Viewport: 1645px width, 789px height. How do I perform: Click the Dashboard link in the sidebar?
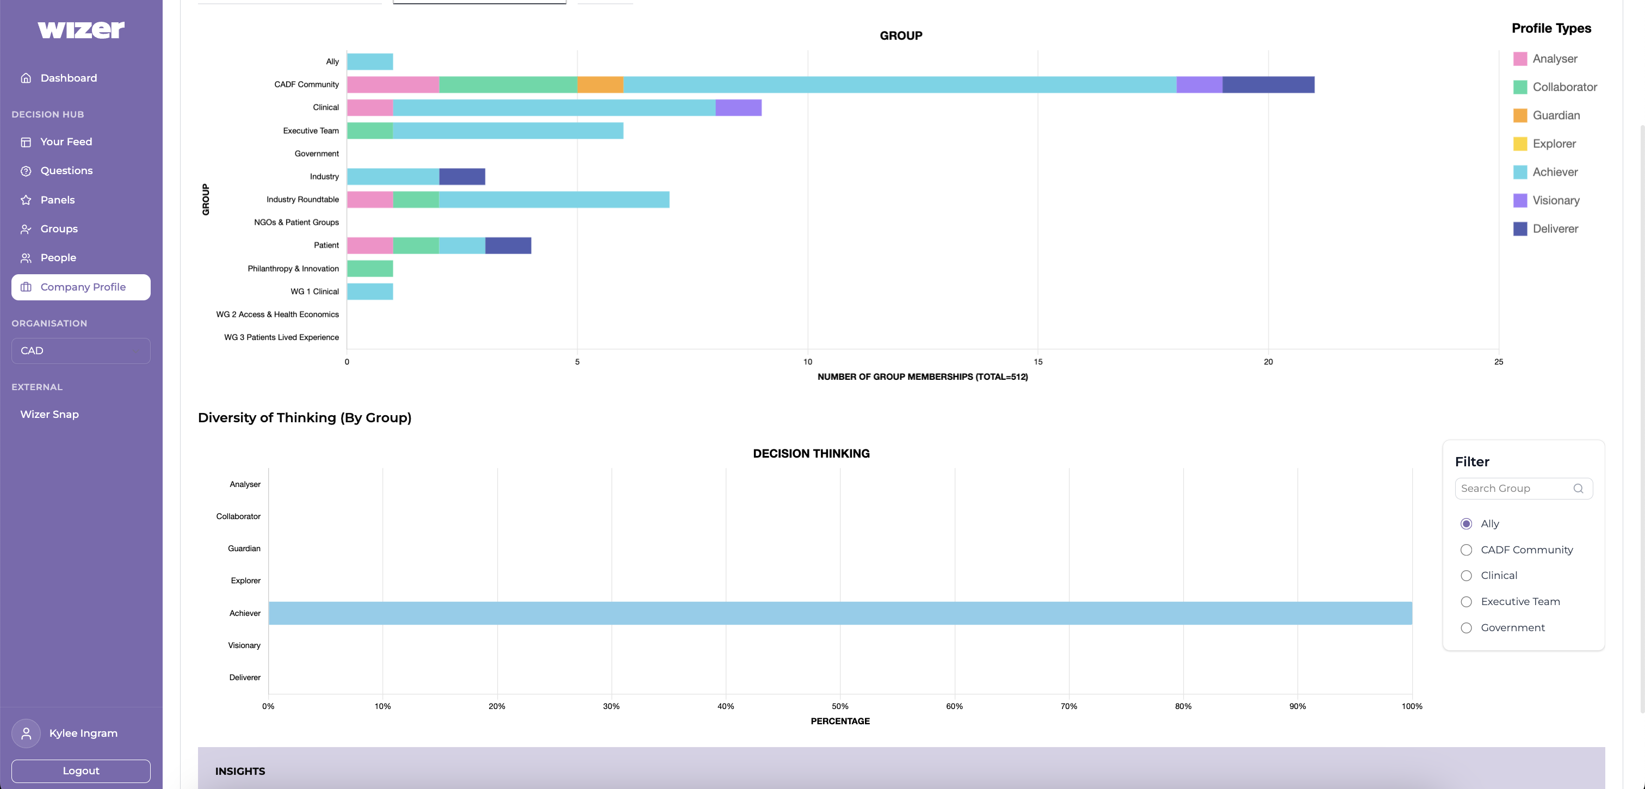[69, 78]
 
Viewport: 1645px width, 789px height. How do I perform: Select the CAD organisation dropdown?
[81, 351]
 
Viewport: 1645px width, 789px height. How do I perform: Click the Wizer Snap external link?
[50, 414]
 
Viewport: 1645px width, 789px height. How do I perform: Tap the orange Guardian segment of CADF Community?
[599, 85]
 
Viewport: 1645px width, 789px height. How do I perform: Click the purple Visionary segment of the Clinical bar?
[738, 108]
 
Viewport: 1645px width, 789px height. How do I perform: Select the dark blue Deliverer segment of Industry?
[462, 176]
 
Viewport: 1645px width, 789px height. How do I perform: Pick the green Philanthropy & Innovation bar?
[370, 268]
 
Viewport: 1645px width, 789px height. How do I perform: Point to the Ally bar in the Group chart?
[370, 62]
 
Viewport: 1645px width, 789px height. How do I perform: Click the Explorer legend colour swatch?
[1520, 144]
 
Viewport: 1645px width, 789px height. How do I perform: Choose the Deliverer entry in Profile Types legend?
[1555, 229]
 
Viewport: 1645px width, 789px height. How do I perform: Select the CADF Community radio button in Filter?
[1466, 550]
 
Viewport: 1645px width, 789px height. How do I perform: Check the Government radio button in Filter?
[1466, 628]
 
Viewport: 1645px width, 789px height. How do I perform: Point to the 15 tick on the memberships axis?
[1038, 362]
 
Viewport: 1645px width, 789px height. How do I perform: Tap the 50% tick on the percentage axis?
[840, 706]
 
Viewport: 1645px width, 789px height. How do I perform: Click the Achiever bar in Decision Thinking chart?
[840, 613]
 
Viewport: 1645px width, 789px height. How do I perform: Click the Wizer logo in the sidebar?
[81, 29]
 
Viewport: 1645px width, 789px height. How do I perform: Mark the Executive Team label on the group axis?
[311, 131]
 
